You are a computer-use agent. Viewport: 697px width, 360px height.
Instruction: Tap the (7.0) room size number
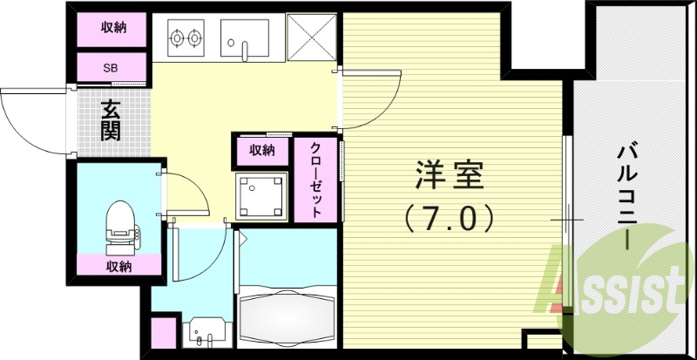[x=450, y=216]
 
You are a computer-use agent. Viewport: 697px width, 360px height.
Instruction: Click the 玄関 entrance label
[x=111, y=121]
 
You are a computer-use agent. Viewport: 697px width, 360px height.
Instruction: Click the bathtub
[x=286, y=318]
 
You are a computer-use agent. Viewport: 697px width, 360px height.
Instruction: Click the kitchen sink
[x=244, y=37]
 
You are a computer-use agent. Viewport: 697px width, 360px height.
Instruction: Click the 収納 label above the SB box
[x=113, y=28]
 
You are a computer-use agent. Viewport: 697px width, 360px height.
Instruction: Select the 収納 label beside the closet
[x=262, y=150]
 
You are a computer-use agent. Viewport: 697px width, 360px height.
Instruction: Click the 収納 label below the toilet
[x=119, y=266]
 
